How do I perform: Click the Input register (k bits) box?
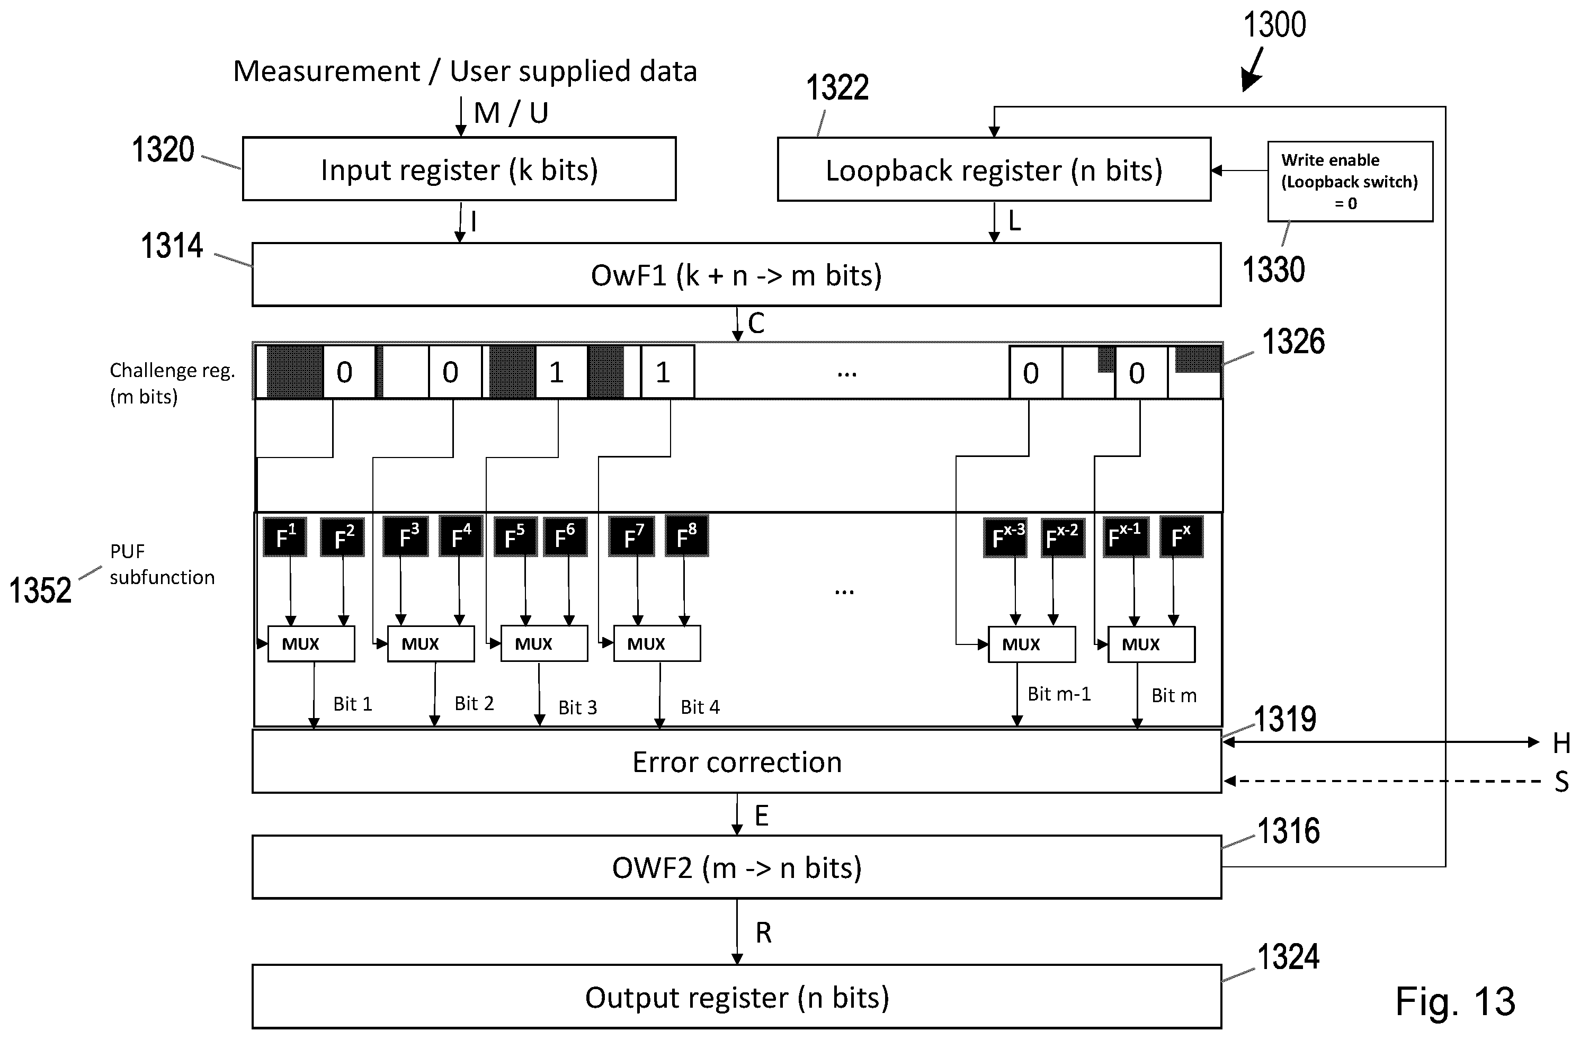click(x=459, y=168)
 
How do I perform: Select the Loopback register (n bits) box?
click(x=994, y=169)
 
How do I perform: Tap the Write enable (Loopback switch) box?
click(x=1350, y=181)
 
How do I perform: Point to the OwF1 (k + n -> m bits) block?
click(x=737, y=274)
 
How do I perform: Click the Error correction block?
click(x=737, y=761)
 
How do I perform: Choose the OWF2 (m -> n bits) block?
click(x=737, y=867)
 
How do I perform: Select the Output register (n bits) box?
click(x=737, y=996)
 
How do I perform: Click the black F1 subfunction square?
click(x=285, y=536)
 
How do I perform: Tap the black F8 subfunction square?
click(x=687, y=535)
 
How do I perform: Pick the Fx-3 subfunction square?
click(x=1005, y=537)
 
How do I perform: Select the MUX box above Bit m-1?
click(x=1032, y=644)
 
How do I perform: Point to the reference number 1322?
click(x=837, y=87)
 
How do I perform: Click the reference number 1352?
click(x=40, y=590)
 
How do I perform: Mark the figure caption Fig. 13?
click(x=1455, y=1001)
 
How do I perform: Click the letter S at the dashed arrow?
click(x=1562, y=782)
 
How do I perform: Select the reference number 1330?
click(x=1273, y=270)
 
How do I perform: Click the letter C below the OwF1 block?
click(x=756, y=323)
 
